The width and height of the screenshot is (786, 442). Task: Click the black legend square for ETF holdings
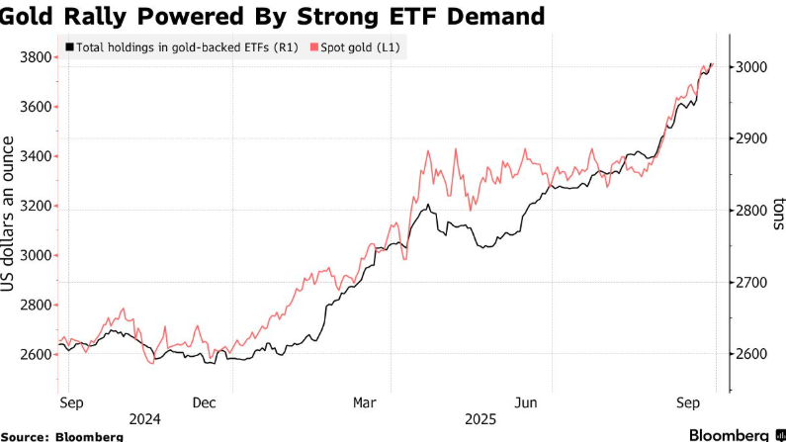(68, 46)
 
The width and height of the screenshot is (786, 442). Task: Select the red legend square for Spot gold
(315, 46)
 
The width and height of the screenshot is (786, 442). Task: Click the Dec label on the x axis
(205, 402)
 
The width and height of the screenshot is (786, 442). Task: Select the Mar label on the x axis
(365, 402)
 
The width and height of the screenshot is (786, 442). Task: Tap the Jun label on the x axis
(526, 402)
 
